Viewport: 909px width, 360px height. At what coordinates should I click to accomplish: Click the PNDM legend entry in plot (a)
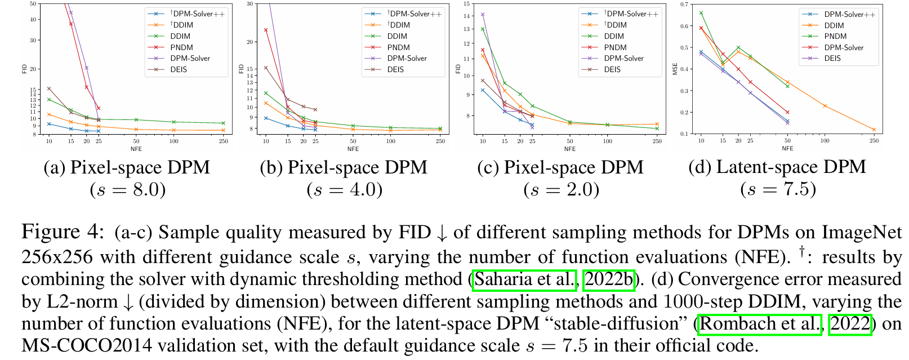(181, 47)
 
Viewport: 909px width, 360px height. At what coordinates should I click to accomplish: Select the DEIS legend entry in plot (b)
(395, 69)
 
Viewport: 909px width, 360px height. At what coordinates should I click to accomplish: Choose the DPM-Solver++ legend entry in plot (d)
(849, 14)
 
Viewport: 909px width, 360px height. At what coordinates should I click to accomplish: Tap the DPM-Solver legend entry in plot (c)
(623, 58)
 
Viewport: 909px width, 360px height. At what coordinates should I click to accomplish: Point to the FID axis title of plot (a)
(24, 69)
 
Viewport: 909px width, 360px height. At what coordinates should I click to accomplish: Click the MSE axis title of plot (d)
(675, 69)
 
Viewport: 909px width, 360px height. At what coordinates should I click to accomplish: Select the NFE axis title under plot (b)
(353, 149)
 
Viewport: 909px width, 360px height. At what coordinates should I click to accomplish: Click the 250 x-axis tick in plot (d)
(874, 141)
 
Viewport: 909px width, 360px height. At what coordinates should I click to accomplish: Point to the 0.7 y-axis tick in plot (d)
(684, 4)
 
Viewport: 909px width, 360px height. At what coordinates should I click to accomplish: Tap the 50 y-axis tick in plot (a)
(33, 4)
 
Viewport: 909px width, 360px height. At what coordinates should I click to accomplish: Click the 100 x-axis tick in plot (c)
(607, 141)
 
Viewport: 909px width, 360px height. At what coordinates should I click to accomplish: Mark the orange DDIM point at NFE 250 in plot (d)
(874, 130)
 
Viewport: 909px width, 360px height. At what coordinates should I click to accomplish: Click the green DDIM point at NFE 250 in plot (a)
(224, 123)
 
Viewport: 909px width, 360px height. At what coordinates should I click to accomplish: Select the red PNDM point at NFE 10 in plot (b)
(266, 30)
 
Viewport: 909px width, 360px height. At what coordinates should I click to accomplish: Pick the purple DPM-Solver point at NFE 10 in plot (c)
(483, 15)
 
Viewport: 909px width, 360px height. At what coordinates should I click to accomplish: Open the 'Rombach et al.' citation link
(759, 324)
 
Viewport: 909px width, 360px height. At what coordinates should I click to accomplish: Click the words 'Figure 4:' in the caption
(63, 232)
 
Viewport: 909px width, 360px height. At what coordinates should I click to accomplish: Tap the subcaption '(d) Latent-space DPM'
(777, 167)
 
